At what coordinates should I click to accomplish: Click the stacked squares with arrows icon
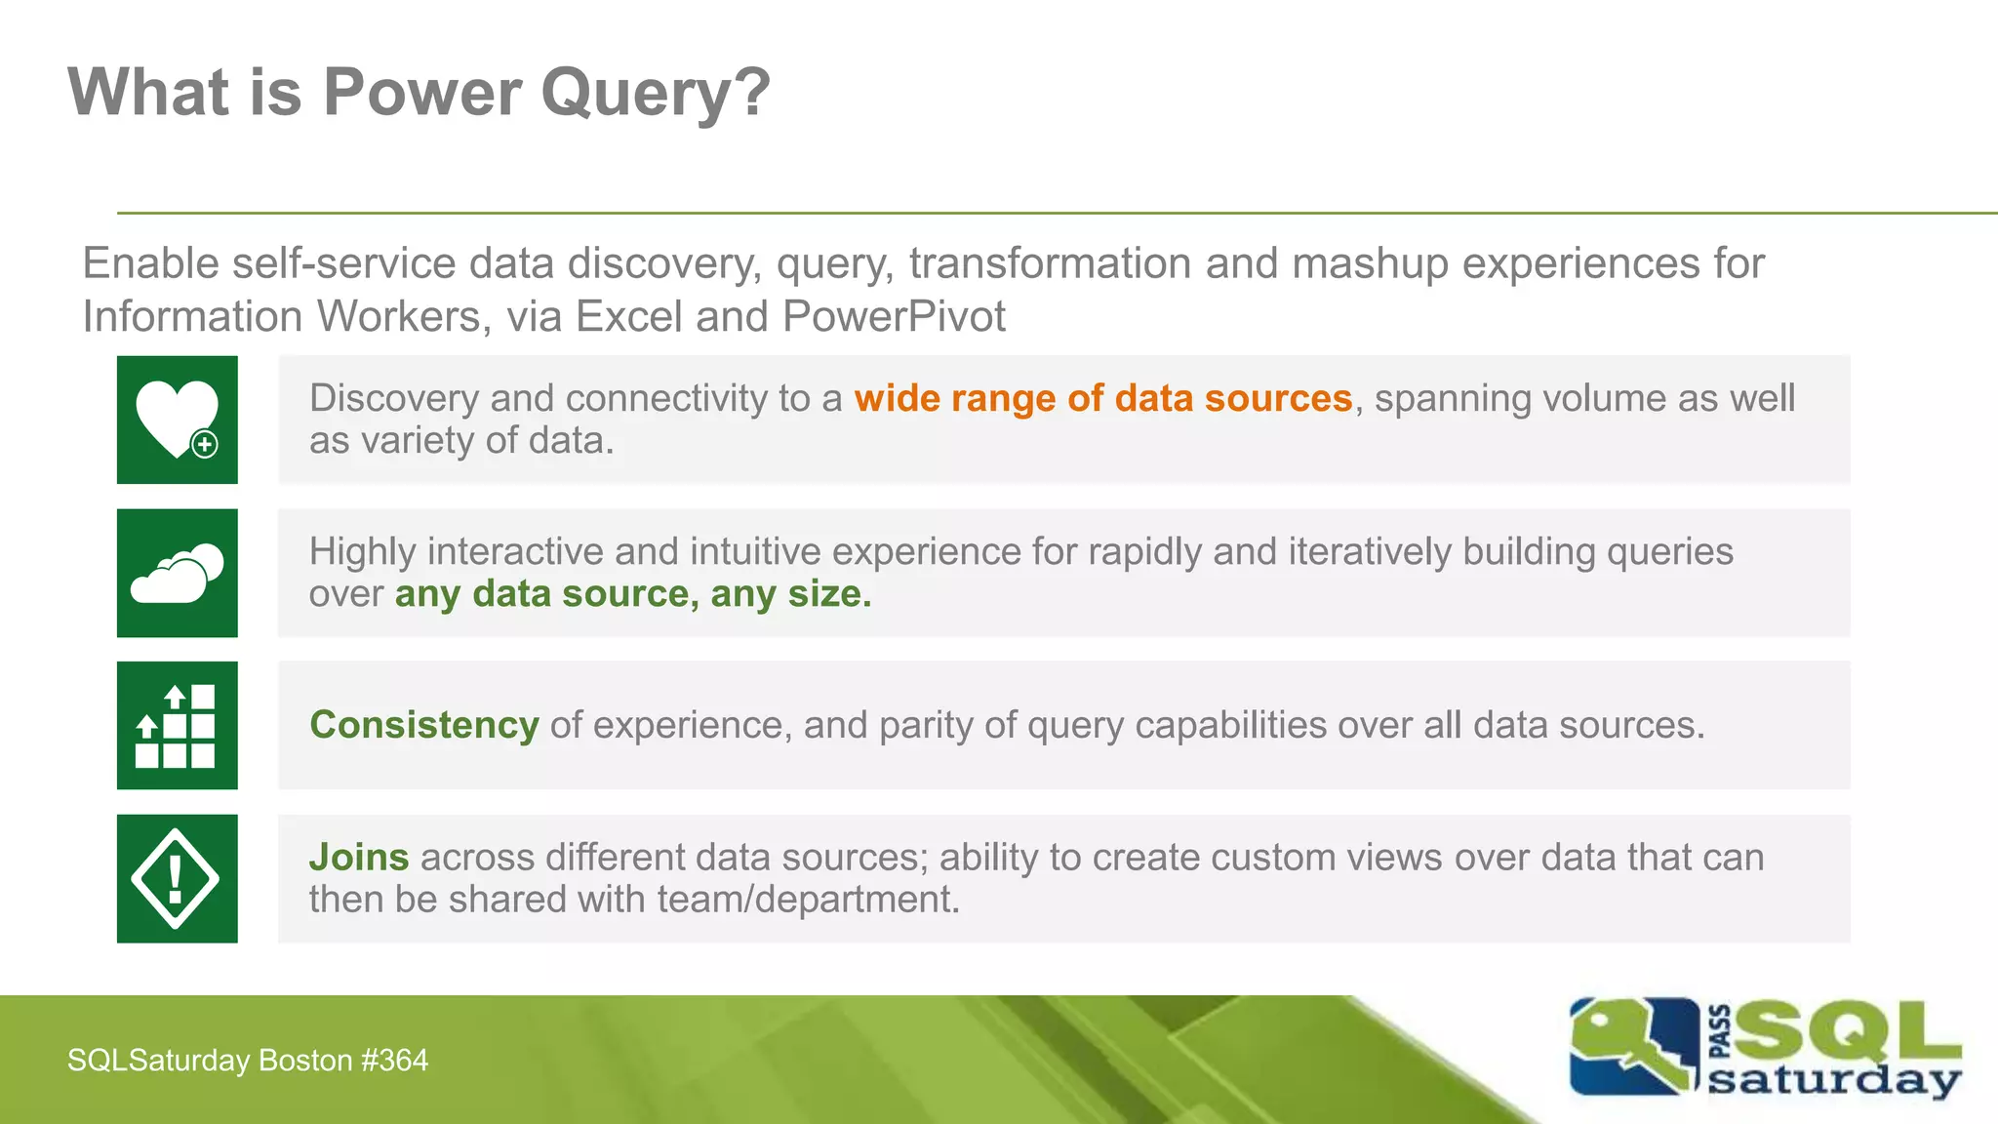point(176,726)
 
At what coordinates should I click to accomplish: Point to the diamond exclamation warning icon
point(176,879)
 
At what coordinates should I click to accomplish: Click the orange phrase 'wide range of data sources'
point(1102,399)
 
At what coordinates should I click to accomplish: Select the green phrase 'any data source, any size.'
point(632,594)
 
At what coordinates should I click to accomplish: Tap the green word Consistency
point(423,725)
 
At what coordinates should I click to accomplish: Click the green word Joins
point(358,858)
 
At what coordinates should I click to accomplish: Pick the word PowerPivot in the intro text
point(893,317)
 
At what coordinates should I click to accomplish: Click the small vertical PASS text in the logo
point(1720,1032)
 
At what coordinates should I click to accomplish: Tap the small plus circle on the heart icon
point(205,445)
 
